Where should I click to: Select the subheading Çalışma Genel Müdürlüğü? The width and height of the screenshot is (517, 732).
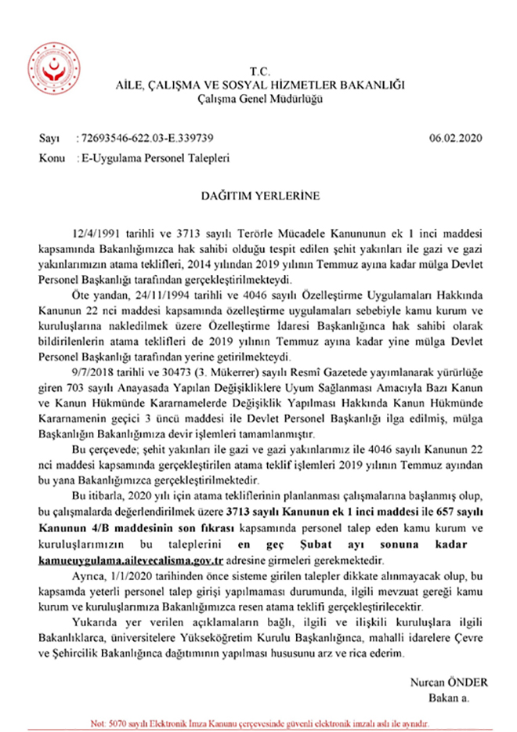click(258, 98)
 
